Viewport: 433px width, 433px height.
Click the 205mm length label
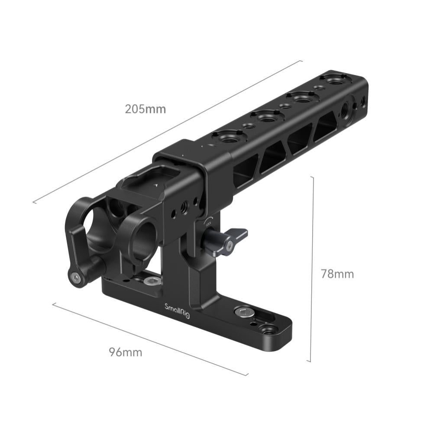click(x=145, y=109)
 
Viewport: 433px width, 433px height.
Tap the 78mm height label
click(x=337, y=274)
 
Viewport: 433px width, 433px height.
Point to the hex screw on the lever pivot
click(x=77, y=278)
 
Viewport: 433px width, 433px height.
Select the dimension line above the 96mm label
click(x=149, y=338)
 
